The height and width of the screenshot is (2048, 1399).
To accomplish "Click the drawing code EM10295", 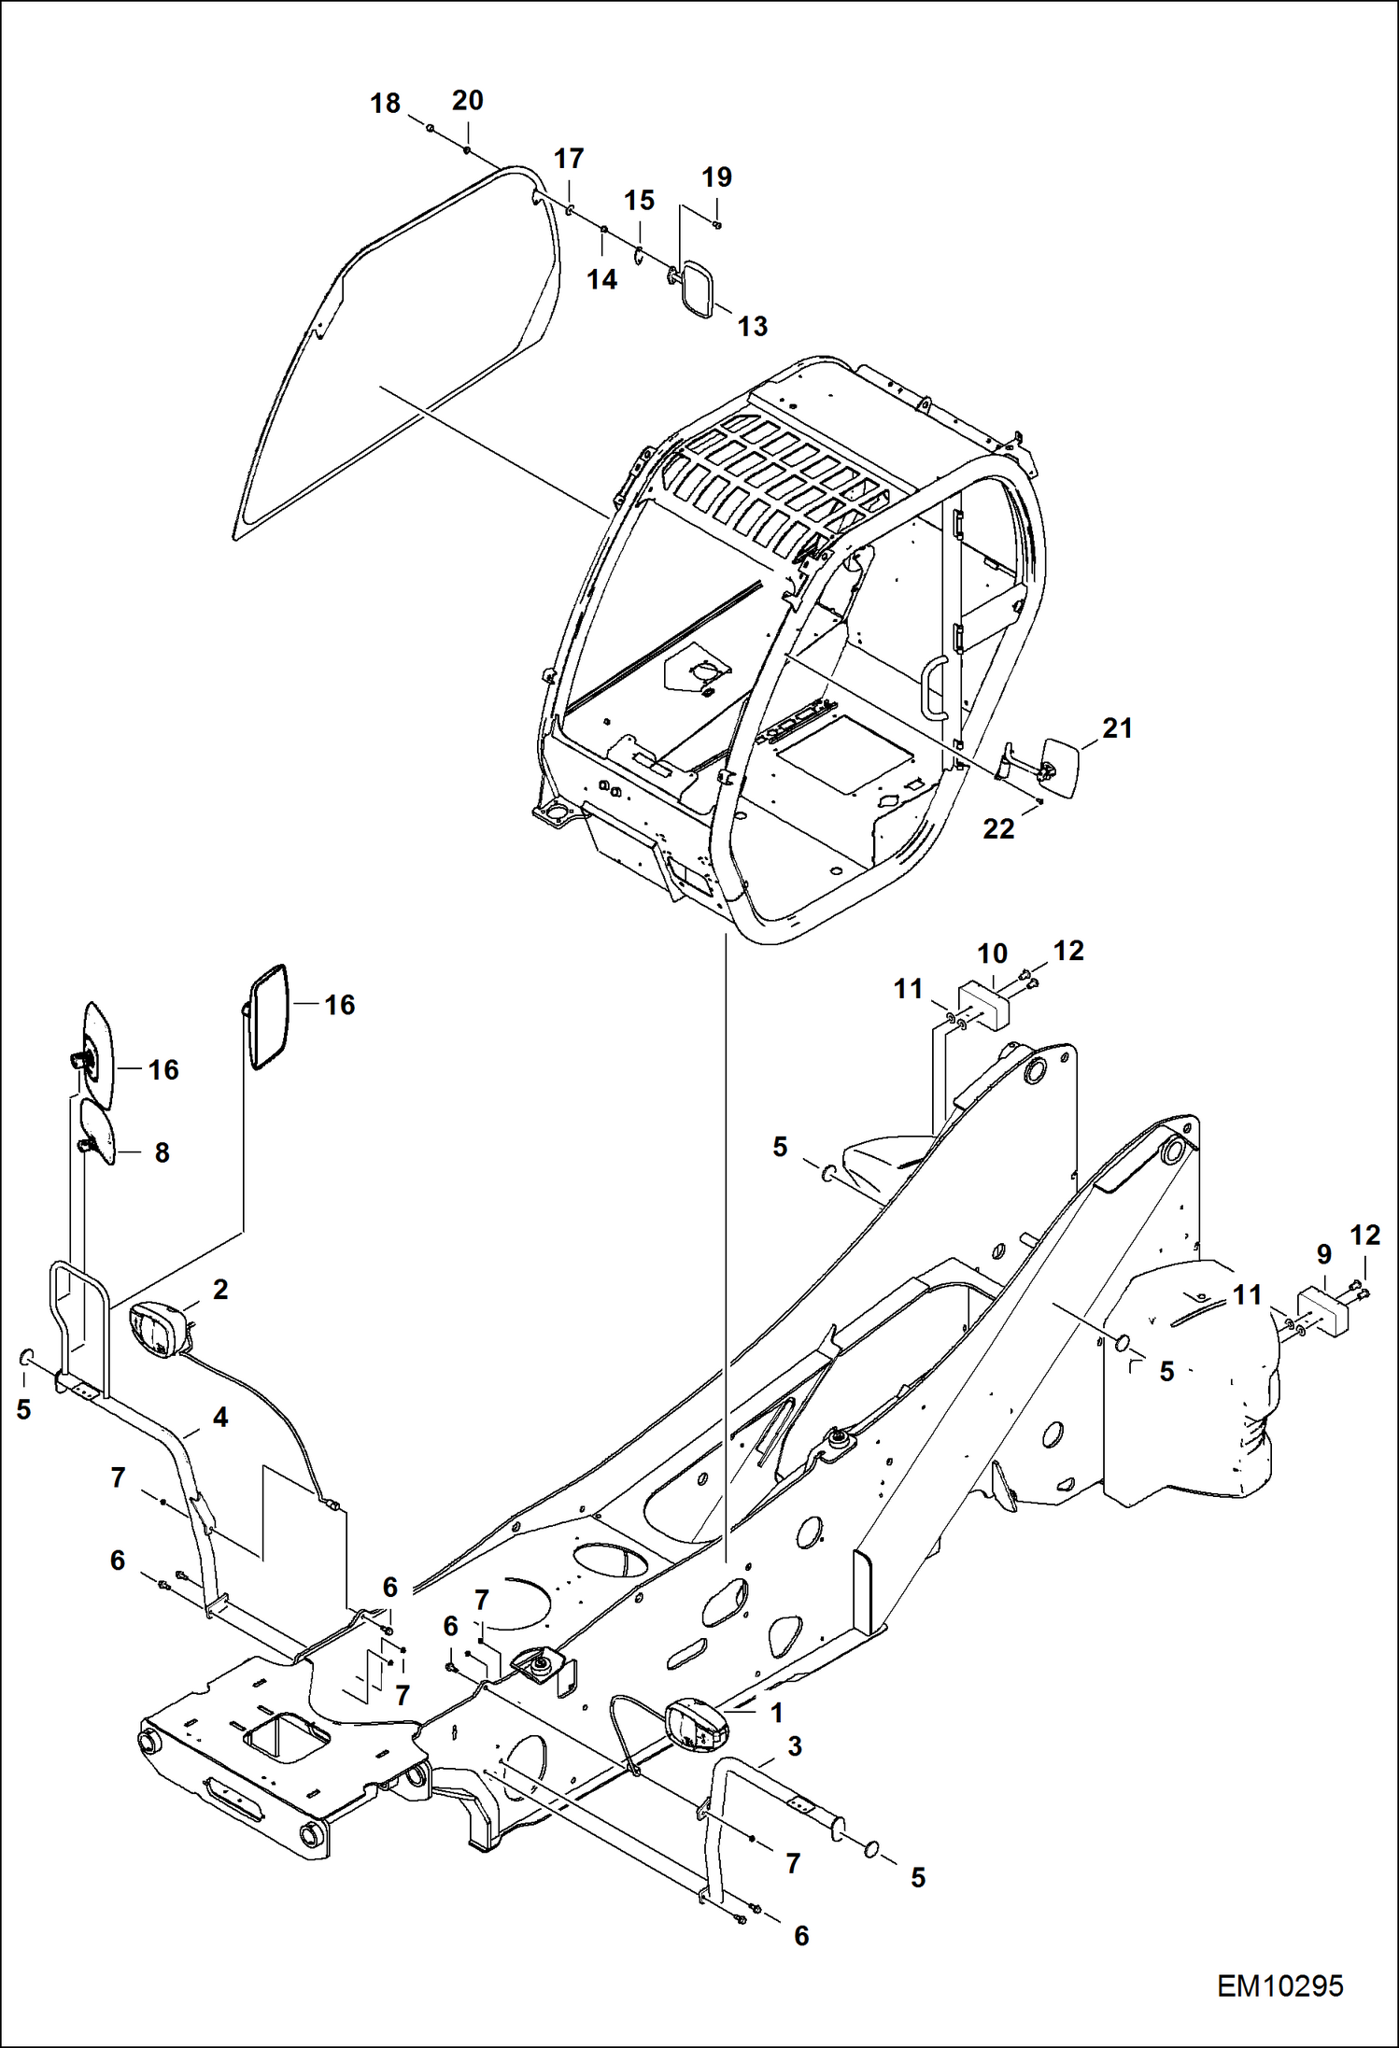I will (x=1279, y=1985).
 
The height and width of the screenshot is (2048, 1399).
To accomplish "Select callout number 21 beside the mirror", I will (x=1117, y=728).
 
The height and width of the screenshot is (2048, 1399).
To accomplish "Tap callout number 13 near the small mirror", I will (x=752, y=326).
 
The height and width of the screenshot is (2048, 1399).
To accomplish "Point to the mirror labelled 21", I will (x=1060, y=767).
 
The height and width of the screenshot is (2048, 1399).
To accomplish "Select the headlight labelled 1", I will (x=696, y=1723).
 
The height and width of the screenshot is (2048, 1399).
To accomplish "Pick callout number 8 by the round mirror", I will (x=162, y=1152).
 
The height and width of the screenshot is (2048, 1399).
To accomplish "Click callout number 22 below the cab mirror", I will (x=997, y=828).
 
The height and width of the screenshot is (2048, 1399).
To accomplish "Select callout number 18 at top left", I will (x=385, y=103).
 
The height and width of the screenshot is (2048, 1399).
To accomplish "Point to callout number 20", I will (x=467, y=100).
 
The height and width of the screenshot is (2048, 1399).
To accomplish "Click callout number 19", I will (x=716, y=177).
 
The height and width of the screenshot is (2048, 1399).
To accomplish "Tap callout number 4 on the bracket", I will (x=220, y=1418).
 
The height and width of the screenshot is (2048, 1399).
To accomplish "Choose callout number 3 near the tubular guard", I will (x=794, y=1746).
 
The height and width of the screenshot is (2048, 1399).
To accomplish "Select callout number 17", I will (x=568, y=159).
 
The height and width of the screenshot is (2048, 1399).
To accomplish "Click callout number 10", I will (x=992, y=953).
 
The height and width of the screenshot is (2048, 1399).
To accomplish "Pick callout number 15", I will (x=639, y=200).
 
